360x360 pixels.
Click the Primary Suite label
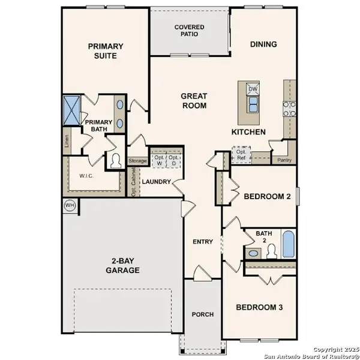(x=106, y=51)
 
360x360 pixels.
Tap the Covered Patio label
(x=189, y=31)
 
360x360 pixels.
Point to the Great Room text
(x=194, y=101)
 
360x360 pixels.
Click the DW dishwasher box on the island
(x=253, y=89)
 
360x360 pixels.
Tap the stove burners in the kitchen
(x=289, y=109)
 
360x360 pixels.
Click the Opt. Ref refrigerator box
(x=242, y=154)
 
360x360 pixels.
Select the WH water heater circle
(x=70, y=205)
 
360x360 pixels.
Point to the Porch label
(x=202, y=315)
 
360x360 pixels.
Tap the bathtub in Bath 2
(x=288, y=245)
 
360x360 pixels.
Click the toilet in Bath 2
(x=271, y=250)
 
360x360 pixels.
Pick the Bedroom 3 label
(x=259, y=308)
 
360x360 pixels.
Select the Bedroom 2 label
(x=267, y=196)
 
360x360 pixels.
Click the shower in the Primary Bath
(x=73, y=109)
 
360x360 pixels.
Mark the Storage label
(x=137, y=161)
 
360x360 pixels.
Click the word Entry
(x=203, y=242)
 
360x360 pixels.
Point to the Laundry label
(x=157, y=182)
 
